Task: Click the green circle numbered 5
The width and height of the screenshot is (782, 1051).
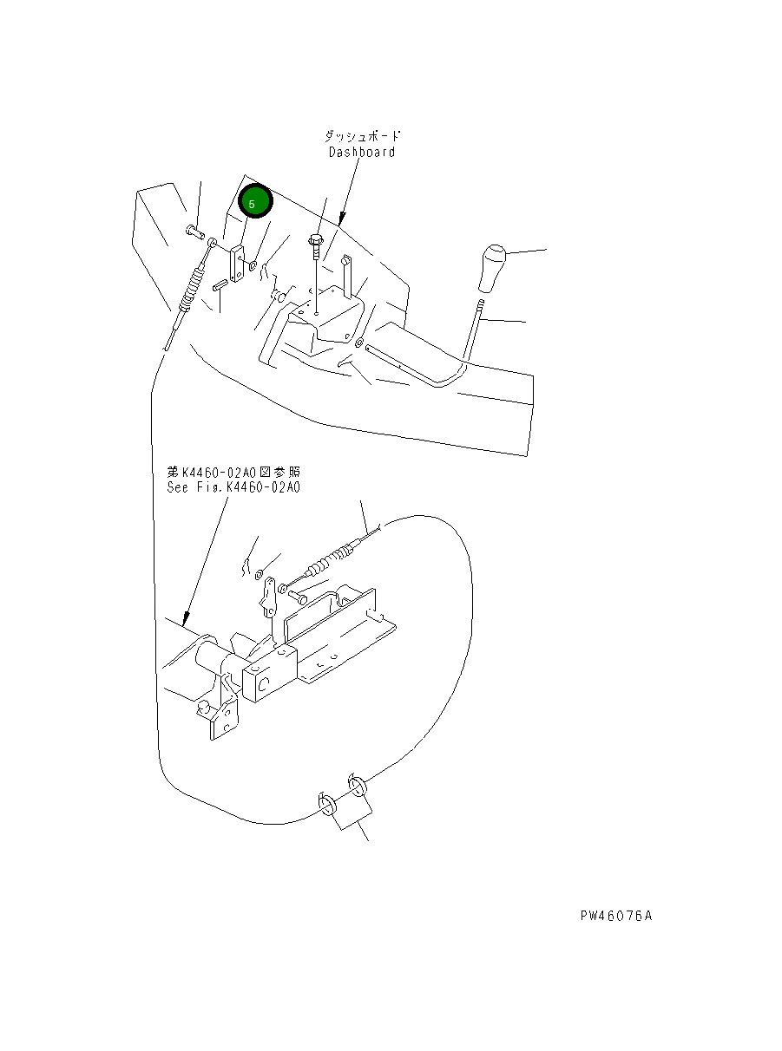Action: [255, 203]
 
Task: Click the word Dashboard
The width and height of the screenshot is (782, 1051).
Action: [361, 153]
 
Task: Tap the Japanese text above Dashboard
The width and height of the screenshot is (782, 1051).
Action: [363, 137]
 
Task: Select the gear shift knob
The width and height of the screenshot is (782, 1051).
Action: [493, 269]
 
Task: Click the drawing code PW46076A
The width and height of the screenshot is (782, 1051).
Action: [616, 916]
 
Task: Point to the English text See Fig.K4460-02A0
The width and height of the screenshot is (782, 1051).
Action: [233, 487]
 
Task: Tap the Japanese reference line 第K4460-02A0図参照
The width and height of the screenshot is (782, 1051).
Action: [233, 473]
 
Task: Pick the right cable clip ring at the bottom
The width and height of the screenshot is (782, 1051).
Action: [358, 787]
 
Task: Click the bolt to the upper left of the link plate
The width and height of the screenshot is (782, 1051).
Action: [193, 232]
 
